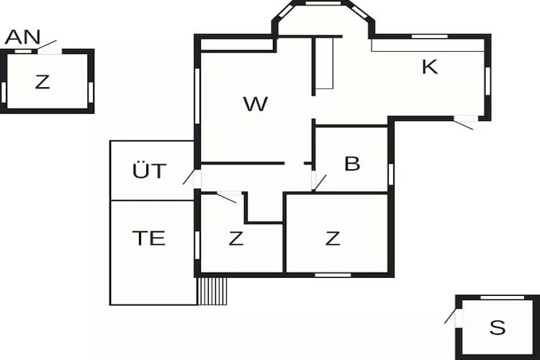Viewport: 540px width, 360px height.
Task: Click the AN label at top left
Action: point(22,37)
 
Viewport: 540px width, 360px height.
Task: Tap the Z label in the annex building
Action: point(42,82)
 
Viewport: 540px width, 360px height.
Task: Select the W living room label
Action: point(256,104)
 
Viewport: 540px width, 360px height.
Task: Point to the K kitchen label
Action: point(430,67)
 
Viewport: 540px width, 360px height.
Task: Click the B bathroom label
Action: point(352,164)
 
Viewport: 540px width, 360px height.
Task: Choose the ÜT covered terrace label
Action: point(150,171)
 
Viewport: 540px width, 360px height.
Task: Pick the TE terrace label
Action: point(149,238)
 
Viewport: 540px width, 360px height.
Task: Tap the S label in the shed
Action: point(498,328)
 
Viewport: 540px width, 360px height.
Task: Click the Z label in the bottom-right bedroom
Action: point(333,238)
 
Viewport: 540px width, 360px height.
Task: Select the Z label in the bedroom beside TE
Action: point(236,238)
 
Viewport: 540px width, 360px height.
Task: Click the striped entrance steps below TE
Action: point(212,290)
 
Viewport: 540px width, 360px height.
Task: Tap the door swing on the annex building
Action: point(48,45)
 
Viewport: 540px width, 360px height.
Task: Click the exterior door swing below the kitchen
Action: point(464,124)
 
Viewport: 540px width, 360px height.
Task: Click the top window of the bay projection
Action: point(323,4)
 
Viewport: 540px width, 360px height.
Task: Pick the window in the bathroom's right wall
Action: point(391,174)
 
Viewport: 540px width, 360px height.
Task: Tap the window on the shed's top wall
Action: point(502,297)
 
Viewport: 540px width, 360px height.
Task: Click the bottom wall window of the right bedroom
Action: point(333,274)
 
